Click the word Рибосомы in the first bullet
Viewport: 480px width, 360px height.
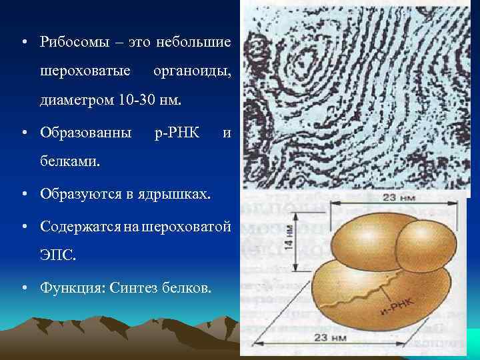tap(69, 42)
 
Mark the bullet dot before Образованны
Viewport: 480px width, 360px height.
tap(23, 132)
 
